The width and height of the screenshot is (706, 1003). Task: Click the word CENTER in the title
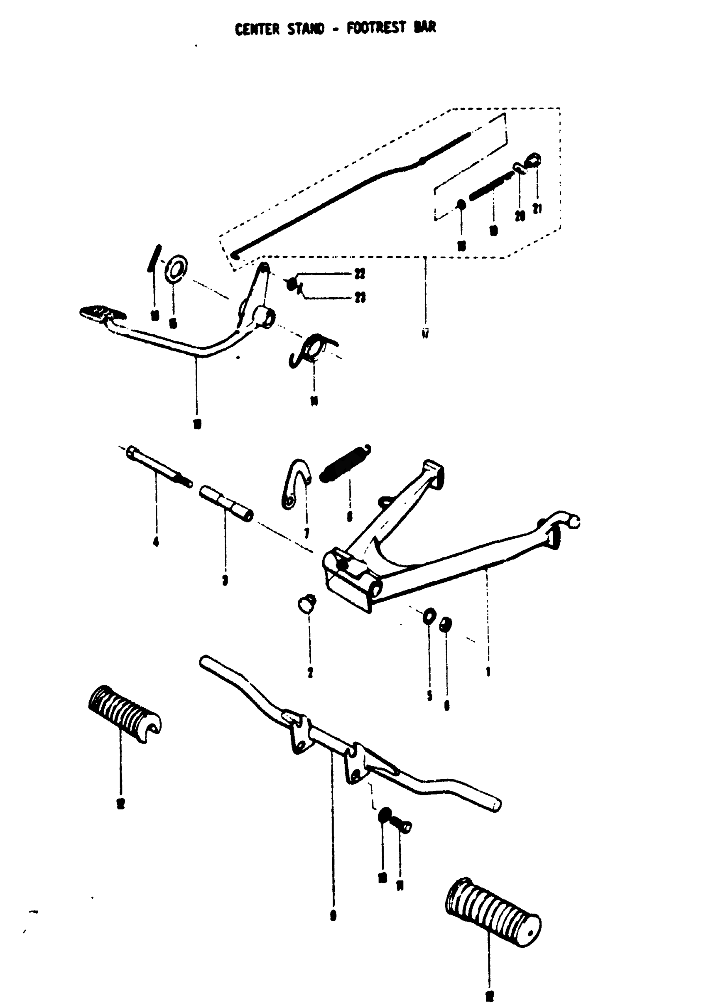(x=257, y=29)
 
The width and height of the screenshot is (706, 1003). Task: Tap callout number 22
(x=360, y=274)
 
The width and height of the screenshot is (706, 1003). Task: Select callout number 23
(x=360, y=298)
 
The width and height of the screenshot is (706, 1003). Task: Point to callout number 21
(x=537, y=209)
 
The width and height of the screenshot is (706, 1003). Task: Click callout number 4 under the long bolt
(x=156, y=542)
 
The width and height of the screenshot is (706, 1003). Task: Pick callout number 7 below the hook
(x=306, y=533)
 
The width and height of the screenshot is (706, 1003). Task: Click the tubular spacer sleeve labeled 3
(x=226, y=503)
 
